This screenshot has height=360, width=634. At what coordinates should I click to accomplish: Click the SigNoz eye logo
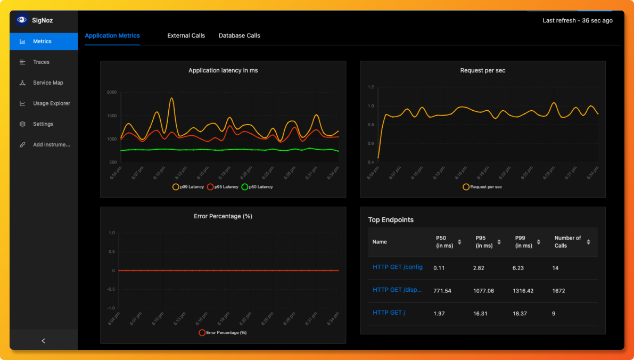coord(22,20)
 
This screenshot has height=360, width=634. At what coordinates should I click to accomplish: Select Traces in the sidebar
coord(41,62)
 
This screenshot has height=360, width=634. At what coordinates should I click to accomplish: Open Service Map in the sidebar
coord(48,83)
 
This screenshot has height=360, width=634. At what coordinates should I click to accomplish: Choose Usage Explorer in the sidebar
coord(51,103)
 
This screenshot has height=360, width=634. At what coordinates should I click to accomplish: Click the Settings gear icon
coord(22,124)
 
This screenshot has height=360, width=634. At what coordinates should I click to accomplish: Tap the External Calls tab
coord(186,36)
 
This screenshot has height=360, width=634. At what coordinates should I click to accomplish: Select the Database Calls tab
coord(239,36)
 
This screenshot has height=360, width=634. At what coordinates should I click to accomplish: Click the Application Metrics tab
coord(112,36)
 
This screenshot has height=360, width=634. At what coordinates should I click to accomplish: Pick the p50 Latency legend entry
coord(257,187)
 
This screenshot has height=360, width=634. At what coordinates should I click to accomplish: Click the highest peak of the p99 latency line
coord(171,98)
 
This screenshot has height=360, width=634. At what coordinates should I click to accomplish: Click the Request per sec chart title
coord(482,70)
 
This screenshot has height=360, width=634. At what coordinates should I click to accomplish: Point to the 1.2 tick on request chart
coord(371,87)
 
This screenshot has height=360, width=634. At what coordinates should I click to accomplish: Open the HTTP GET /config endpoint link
coord(397,267)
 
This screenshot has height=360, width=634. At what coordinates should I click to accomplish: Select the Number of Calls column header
coord(567,242)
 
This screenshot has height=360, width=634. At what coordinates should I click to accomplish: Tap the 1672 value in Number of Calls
coord(558,291)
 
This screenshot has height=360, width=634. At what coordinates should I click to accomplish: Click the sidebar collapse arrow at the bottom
coord(44,341)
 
